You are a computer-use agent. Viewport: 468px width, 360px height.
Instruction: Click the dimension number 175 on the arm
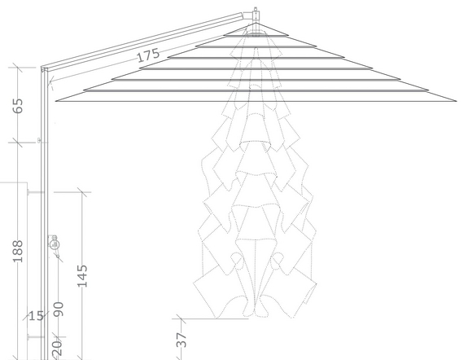point(148,55)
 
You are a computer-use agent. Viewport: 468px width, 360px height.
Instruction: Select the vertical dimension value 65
point(18,106)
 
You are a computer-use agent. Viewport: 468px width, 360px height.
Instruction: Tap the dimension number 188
point(18,251)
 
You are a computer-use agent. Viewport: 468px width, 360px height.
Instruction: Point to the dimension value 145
point(83,276)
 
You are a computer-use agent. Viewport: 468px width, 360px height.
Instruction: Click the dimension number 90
point(59,310)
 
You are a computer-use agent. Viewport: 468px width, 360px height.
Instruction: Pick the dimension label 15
point(37,316)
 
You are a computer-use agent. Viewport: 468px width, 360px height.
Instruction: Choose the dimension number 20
point(58,349)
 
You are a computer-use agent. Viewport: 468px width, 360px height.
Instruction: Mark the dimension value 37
point(182,340)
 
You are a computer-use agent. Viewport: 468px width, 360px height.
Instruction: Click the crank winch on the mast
point(54,244)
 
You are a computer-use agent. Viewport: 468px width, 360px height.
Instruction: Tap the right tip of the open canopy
point(457,101)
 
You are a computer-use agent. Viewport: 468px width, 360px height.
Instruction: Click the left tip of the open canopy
point(56,101)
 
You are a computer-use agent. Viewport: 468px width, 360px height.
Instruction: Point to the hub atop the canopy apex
point(256,15)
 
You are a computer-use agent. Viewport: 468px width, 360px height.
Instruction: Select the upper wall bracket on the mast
point(36,192)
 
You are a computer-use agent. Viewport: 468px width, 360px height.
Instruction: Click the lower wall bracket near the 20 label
point(36,337)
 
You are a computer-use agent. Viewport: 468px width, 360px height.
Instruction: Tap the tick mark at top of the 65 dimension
point(18,68)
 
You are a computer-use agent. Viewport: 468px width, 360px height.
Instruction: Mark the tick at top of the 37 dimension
point(182,318)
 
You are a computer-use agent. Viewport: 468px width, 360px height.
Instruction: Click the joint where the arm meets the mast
point(44,69)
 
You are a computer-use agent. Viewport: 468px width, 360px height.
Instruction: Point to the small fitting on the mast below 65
point(39,140)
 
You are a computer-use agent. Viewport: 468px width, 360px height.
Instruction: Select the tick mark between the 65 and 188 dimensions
point(18,143)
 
